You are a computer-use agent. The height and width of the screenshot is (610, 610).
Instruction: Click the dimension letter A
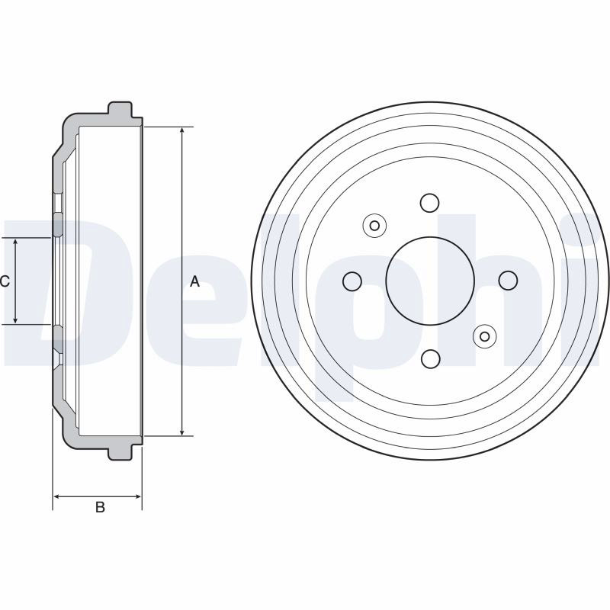pyautogui.click(x=194, y=281)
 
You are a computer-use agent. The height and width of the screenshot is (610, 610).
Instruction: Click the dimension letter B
pyautogui.click(x=100, y=507)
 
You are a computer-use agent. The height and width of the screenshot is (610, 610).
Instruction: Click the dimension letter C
pyautogui.click(x=5, y=281)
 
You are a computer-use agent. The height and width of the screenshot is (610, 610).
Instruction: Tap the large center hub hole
pyautogui.click(x=430, y=281)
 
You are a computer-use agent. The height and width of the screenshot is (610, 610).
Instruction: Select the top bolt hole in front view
pyautogui.click(x=430, y=203)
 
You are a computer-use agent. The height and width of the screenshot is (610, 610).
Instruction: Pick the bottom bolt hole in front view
pyautogui.click(x=430, y=358)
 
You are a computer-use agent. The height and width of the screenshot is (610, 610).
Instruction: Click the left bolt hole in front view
pyautogui.click(x=352, y=281)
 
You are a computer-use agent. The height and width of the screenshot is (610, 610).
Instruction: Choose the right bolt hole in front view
pyautogui.click(x=508, y=281)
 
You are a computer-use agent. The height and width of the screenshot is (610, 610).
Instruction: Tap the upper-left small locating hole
pyautogui.click(x=374, y=226)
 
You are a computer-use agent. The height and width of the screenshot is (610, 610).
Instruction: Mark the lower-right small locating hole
pyautogui.click(x=485, y=336)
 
